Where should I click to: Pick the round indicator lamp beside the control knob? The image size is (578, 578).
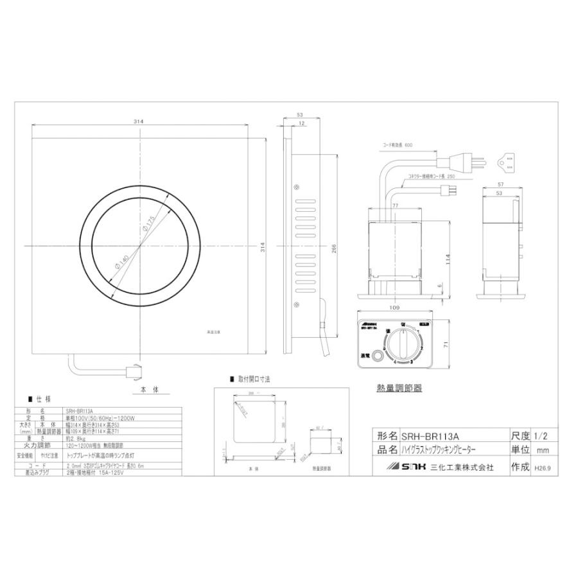click(x=380, y=356)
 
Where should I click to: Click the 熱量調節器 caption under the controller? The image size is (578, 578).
click(x=399, y=389)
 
